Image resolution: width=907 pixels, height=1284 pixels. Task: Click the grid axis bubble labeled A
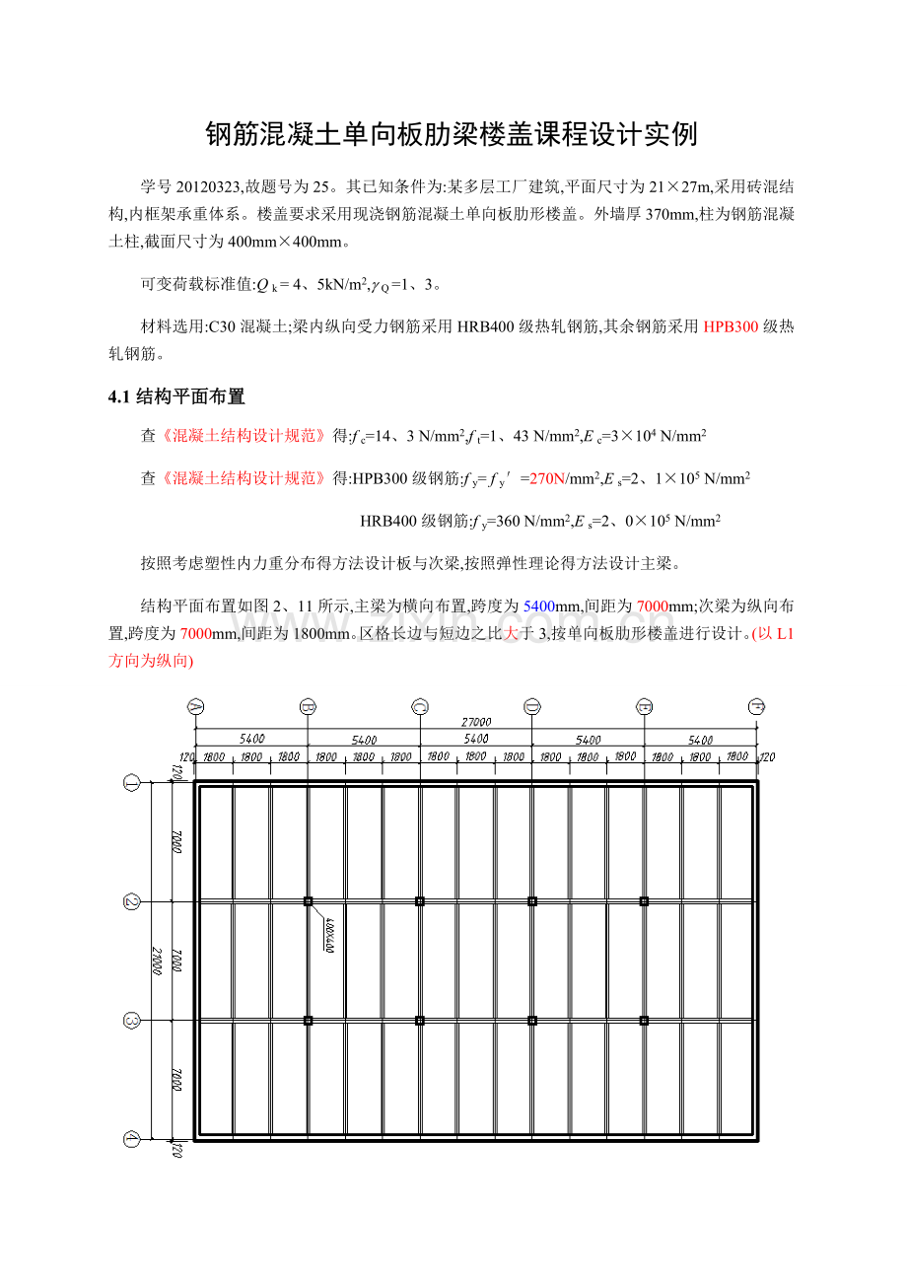[195, 706]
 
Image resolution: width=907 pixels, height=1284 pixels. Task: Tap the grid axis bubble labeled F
[757, 706]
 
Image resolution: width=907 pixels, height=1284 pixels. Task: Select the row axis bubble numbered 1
[132, 783]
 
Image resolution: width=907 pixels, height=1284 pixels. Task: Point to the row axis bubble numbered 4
[132, 1139]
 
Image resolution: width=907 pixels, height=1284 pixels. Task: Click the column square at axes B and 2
[308, 901]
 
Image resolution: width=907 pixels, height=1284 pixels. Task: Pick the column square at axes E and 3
[645, 1021]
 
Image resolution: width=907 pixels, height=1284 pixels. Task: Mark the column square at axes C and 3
[420, 1021]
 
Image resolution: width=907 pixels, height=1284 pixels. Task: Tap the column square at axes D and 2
[532, 901]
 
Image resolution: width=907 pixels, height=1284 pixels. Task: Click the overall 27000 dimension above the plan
[476, 722]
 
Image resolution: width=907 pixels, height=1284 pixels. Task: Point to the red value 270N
[547, 478]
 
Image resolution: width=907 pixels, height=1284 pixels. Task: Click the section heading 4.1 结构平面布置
[176, 396]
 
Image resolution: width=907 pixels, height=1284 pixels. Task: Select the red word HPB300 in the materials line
[731, 327]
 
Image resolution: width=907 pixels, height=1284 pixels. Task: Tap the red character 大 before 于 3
[511, 634]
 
